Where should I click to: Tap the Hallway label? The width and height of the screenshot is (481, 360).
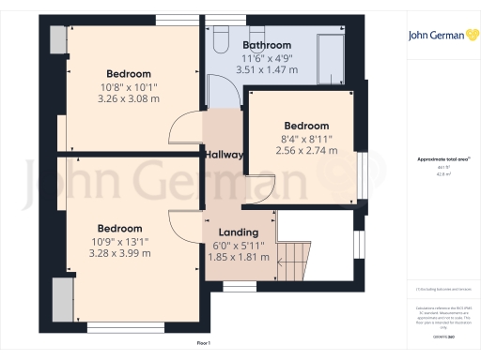[x=225, y=155]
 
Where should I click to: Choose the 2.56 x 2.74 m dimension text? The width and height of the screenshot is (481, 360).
[x=306, y=150]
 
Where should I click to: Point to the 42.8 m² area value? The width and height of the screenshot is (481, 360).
[x=438, y=174]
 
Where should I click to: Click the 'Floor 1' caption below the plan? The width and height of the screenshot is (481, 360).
[x=203, y=344]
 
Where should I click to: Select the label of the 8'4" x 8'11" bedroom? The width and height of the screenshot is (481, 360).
[x=306, y=126]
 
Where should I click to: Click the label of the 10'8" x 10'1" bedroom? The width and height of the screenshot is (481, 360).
[x=129, y=74]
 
